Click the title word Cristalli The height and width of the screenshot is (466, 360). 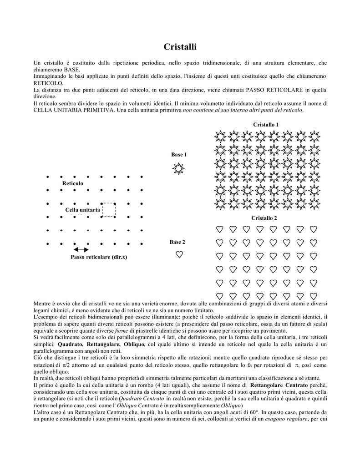[180, 47]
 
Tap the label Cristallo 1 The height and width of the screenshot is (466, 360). [266, 125]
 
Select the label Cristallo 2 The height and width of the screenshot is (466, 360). [264, 218]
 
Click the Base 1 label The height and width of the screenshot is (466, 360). [179, 155]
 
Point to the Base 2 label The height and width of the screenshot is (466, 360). [177, 242]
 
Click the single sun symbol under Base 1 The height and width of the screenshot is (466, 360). [179, 169]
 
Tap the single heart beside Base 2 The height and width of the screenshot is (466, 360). [179, 255]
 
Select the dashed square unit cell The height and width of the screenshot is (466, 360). [109, 210]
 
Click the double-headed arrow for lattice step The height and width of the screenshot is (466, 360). [81, 249]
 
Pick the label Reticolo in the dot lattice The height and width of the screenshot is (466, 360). [73, 183]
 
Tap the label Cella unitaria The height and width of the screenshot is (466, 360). [82, 210]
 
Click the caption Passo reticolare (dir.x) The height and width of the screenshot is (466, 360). [99, 257]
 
